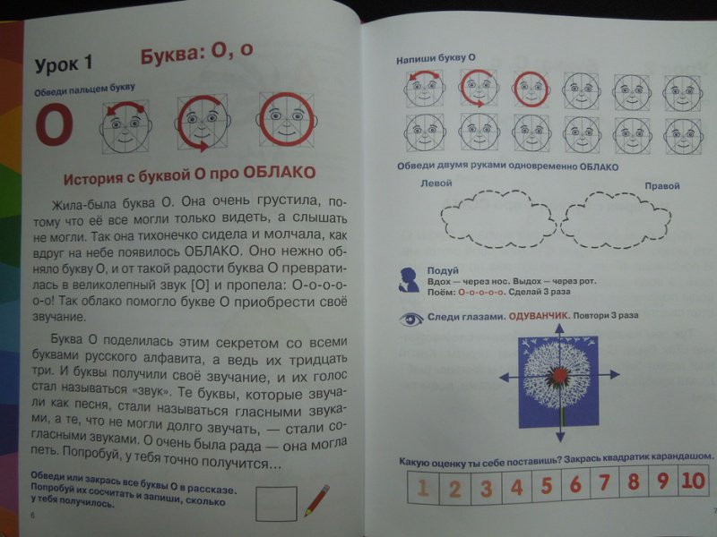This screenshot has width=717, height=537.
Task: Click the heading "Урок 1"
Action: (64, 64)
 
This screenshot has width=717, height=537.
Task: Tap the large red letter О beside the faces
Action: (55, 124)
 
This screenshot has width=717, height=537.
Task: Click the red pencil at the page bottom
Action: (316, 500)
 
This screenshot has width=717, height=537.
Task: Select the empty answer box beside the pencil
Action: (276, 503)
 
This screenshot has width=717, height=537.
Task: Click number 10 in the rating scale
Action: (693, 481)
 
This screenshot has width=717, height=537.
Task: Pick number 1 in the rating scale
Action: (423, 487)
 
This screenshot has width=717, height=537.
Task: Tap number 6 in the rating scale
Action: (575, 484)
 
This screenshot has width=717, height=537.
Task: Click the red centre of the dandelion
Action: (558, 375)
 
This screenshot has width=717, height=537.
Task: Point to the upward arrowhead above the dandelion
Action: (559, 328)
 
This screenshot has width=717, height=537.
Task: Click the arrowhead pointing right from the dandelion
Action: (615, 375)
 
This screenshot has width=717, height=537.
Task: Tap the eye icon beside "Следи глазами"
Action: (411, 319)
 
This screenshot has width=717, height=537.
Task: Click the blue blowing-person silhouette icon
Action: (410, 280)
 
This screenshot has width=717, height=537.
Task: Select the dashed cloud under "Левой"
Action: (497, 219)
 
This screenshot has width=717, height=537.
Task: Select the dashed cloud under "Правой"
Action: (616, 219)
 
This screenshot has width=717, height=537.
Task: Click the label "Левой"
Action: (436, 183)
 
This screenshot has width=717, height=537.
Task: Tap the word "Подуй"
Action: (443, 270)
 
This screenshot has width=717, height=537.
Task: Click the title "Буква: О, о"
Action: (196, 53)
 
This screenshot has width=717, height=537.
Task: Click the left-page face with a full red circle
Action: (287, 120)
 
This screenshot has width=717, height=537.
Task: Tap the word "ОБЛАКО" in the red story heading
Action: (280, 173)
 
